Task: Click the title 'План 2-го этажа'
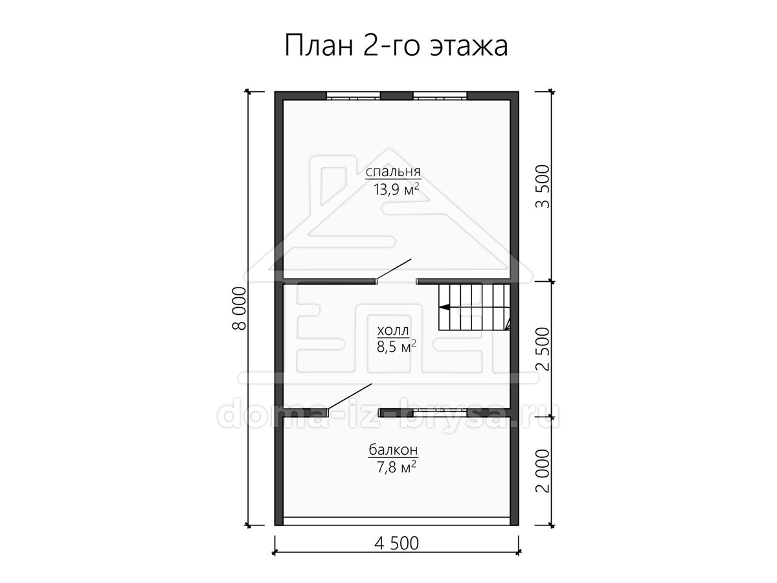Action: pos(396,45)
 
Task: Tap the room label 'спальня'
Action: pos(393,172)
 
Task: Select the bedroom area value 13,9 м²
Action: pos(396,189)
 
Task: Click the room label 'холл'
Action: pos(392,330)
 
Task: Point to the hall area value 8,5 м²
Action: pos(396,347)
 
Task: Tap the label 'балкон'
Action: pos(393,450)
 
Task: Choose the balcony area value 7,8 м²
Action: pos(396,467)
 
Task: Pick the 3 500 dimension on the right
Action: pos(543,187)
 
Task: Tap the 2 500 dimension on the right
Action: pos(543,349)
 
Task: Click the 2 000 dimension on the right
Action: pos(543,471)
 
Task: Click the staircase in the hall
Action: pos(475,308)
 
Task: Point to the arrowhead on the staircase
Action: pos(445,308)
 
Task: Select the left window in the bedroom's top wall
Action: pos(354,96)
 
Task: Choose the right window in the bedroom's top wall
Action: pos(440,96)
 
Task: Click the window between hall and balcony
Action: pos(440,413)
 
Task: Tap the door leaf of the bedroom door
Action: pos(394,269)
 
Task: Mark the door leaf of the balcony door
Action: pos(350,396)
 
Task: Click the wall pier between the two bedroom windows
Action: pos(397,96)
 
